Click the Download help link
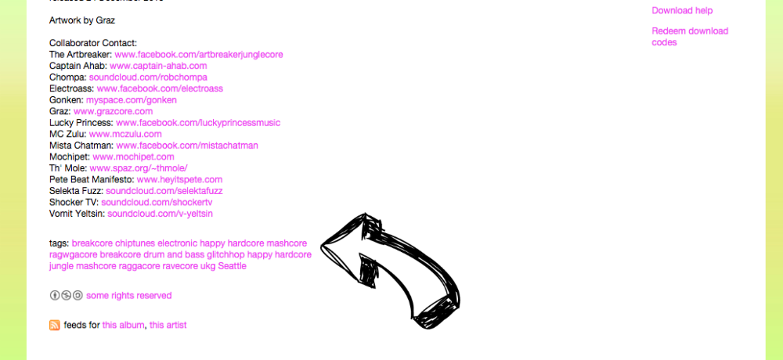click(x=682, y=11)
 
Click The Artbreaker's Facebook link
click(x=198, y=55)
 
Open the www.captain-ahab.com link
click(x=158, y=67)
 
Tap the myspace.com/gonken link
click(x=132, y=100)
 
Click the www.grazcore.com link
click(x=113, y=112)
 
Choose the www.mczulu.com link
click(x=125, y=135)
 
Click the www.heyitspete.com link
click(x=179, y=180)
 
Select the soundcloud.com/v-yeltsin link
click(x=160, y=214)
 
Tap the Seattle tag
click(x=232, y=266)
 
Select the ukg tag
click(x=207, y=266)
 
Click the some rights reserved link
click(x=128, y=296)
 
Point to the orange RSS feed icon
click(x=55, y=325)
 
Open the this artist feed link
click(x=168, y=326)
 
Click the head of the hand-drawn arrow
click(x=348, y=247)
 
